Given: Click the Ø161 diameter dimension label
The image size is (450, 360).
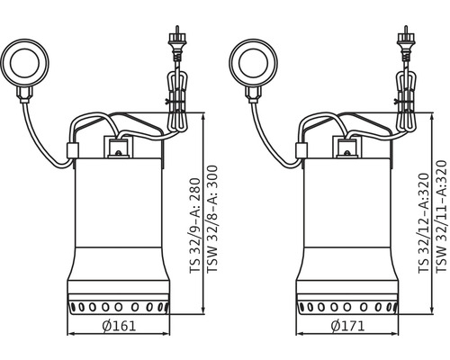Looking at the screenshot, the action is pyautogui.click(x=119, y=326).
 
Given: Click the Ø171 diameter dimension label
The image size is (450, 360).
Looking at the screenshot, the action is pyautogui.click(x=348, y=326).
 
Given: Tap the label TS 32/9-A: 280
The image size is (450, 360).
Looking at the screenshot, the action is pyautogui.click(x=194, y=226).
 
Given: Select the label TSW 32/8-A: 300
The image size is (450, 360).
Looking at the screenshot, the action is pyautogui.click(x=211, y=219).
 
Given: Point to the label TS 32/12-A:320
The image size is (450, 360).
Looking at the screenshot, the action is pyautogui.click(x=424, y=223).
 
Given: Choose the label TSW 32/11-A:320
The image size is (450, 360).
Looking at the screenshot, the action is pyautogui.click(x=441, y=216).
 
